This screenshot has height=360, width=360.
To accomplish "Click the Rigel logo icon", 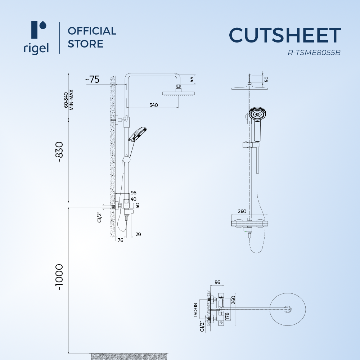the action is (x=39, y=30).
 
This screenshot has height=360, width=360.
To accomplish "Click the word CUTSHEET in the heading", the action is (x=285, y=35).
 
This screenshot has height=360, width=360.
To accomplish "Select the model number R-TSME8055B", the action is (x=314, y=53).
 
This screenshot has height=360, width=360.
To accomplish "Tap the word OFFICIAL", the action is (x=92, y=31).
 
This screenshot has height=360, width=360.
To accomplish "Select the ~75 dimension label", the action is (x=92, y=80).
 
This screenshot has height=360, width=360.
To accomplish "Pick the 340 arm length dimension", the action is (x=154, y=105).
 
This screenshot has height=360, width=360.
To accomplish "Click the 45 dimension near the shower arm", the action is (x=192, y=80).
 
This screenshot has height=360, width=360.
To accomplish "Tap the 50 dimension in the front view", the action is (x=266, y=79).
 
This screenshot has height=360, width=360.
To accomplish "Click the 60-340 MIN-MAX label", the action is (x=69, y=100).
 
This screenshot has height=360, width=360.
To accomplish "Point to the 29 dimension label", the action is (x=138, y=234).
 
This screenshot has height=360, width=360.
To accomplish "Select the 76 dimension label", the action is (x=120, y=240).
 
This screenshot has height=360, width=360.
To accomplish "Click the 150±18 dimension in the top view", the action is (x=195, y=310).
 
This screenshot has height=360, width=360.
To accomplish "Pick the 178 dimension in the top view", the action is (x=227, y=316).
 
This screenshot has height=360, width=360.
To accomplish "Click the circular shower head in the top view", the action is (x=287, y=309).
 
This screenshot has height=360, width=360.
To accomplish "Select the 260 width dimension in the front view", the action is (x=242, y=211).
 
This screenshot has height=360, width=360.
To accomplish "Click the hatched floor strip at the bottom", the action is (x=130, y=356).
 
